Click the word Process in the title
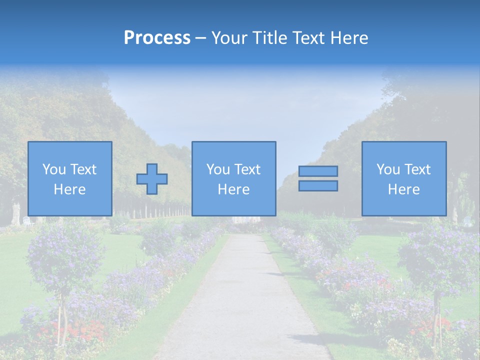(x=157, y=38)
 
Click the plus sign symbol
(x=152, y=179)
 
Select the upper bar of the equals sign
(x=318, y=171)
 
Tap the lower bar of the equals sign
(x=318, y=186)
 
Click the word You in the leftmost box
(x=54, y=169)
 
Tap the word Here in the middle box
(x=233, y=189)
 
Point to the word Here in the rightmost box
(x=404, y=189)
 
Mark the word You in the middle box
(x=218, y=169)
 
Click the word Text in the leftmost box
(x=83, y=169)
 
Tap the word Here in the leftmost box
(x=69, y=189)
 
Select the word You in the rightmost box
(x=388, y=169)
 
